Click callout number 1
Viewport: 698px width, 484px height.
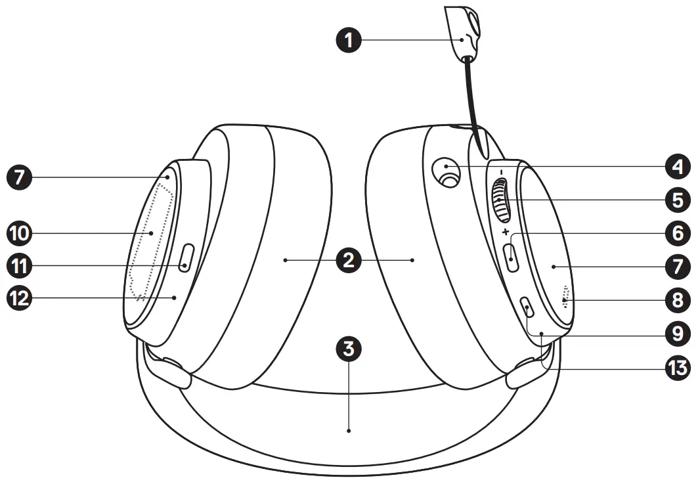coord(349,40)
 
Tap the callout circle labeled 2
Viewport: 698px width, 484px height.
coord(349,260)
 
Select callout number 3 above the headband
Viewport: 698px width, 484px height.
coord(349,349)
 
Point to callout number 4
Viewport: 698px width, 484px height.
coord(676,167)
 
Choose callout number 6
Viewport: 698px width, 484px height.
coord(676,232)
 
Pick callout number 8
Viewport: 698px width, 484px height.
coord(676,300)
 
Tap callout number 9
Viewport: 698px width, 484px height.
coord(676,334)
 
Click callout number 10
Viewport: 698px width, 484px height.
coord(20,232)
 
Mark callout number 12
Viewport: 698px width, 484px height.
coord(20,297)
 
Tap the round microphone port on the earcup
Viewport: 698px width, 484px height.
coord(448,172)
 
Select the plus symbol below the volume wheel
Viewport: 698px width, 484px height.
coord(504,232)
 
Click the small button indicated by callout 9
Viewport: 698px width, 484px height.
coord(527,307)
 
